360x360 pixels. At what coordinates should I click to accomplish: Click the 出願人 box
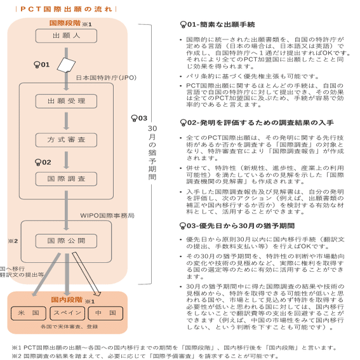(65, 36)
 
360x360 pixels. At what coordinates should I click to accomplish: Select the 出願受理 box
(66, 102)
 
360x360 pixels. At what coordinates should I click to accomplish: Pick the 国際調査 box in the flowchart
(66, 178)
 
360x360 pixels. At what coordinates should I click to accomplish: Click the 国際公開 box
(66, 241)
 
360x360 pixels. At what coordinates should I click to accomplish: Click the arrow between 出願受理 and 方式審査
(66, 121)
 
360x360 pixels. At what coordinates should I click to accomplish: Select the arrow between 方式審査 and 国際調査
(66, 159)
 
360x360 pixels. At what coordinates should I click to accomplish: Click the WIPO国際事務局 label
(107, 216)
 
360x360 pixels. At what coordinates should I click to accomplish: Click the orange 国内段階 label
(67, 298)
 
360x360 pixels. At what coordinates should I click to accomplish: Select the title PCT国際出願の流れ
(62, 9)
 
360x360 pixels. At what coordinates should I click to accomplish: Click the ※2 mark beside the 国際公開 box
(11, 241)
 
